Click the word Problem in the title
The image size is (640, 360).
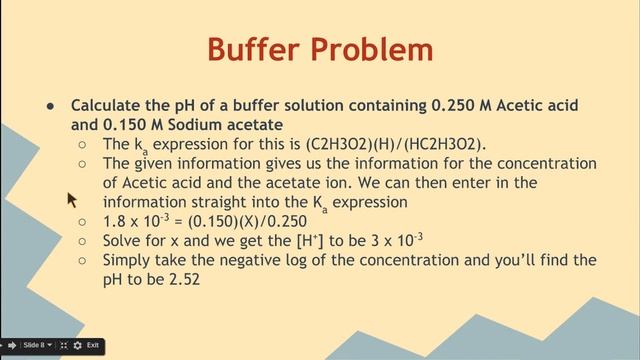click(376, 49)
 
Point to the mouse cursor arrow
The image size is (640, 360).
click(71, 199)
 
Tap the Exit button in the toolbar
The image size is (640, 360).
click(93, 345)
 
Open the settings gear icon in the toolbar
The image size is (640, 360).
click(78, 345)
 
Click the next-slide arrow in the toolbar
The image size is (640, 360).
click(12, 345)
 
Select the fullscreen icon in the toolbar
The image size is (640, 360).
click(64, 345)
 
